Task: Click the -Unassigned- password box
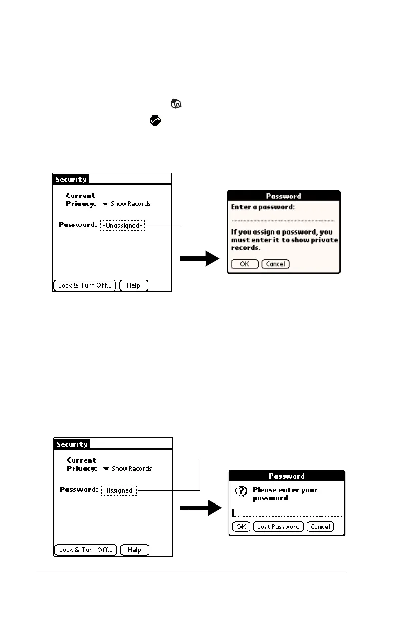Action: (123, 225)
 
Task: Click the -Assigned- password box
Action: (119, 490)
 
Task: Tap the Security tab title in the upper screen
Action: (71, 179)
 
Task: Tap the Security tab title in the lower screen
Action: (72, 444)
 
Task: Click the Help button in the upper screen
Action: (134, 285)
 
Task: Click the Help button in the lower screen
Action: (135, 550)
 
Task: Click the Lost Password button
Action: (278, 527)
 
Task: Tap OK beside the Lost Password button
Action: (241, 527)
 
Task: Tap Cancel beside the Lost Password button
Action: (320, 527)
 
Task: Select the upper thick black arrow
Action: (200, 259)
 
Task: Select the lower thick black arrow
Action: (201, 509)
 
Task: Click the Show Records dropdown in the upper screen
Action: (127, 204)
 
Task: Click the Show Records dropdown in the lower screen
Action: (128, 469)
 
